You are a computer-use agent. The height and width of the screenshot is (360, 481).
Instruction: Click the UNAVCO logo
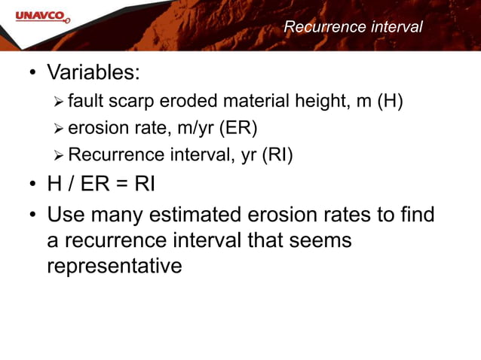(36, 14)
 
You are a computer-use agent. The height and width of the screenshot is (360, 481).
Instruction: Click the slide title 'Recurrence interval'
(353, 27)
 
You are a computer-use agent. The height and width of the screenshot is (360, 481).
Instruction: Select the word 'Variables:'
(94, 74)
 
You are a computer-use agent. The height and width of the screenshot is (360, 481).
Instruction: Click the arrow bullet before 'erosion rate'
(60, 129)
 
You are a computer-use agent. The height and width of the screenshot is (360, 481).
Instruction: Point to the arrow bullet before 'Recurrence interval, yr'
(60, 155)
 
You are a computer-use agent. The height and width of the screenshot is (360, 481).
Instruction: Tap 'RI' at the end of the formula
(145, 184)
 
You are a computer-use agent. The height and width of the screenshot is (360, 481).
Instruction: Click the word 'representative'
(114, 267)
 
